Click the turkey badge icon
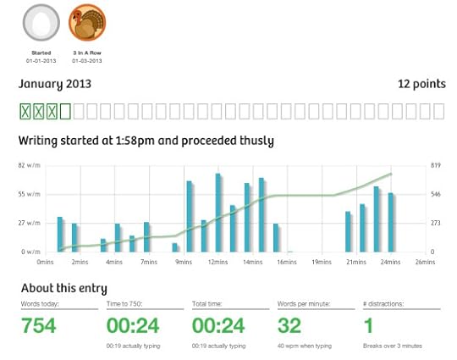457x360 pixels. [x=86, y=24]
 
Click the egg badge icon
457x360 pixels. [x=41, y=24]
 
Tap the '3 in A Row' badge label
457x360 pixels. [x=86, y=53]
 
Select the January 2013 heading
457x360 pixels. [x=55, y=84]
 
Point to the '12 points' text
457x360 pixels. [x=421, y=84]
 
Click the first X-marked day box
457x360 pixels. [x=26, y=111]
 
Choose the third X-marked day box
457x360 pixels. [x=52, y=111]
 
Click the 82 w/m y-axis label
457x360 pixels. [x=28, y=166]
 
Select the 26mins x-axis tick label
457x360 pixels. [x=426, y=263]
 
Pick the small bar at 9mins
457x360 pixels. [x=176, y=247]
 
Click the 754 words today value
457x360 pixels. [x=39, y=326]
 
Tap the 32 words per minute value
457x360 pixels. [x=290, y=326]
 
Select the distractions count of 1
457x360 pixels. [x=369, y=326]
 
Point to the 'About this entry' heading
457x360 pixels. [x=63, y=288]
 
